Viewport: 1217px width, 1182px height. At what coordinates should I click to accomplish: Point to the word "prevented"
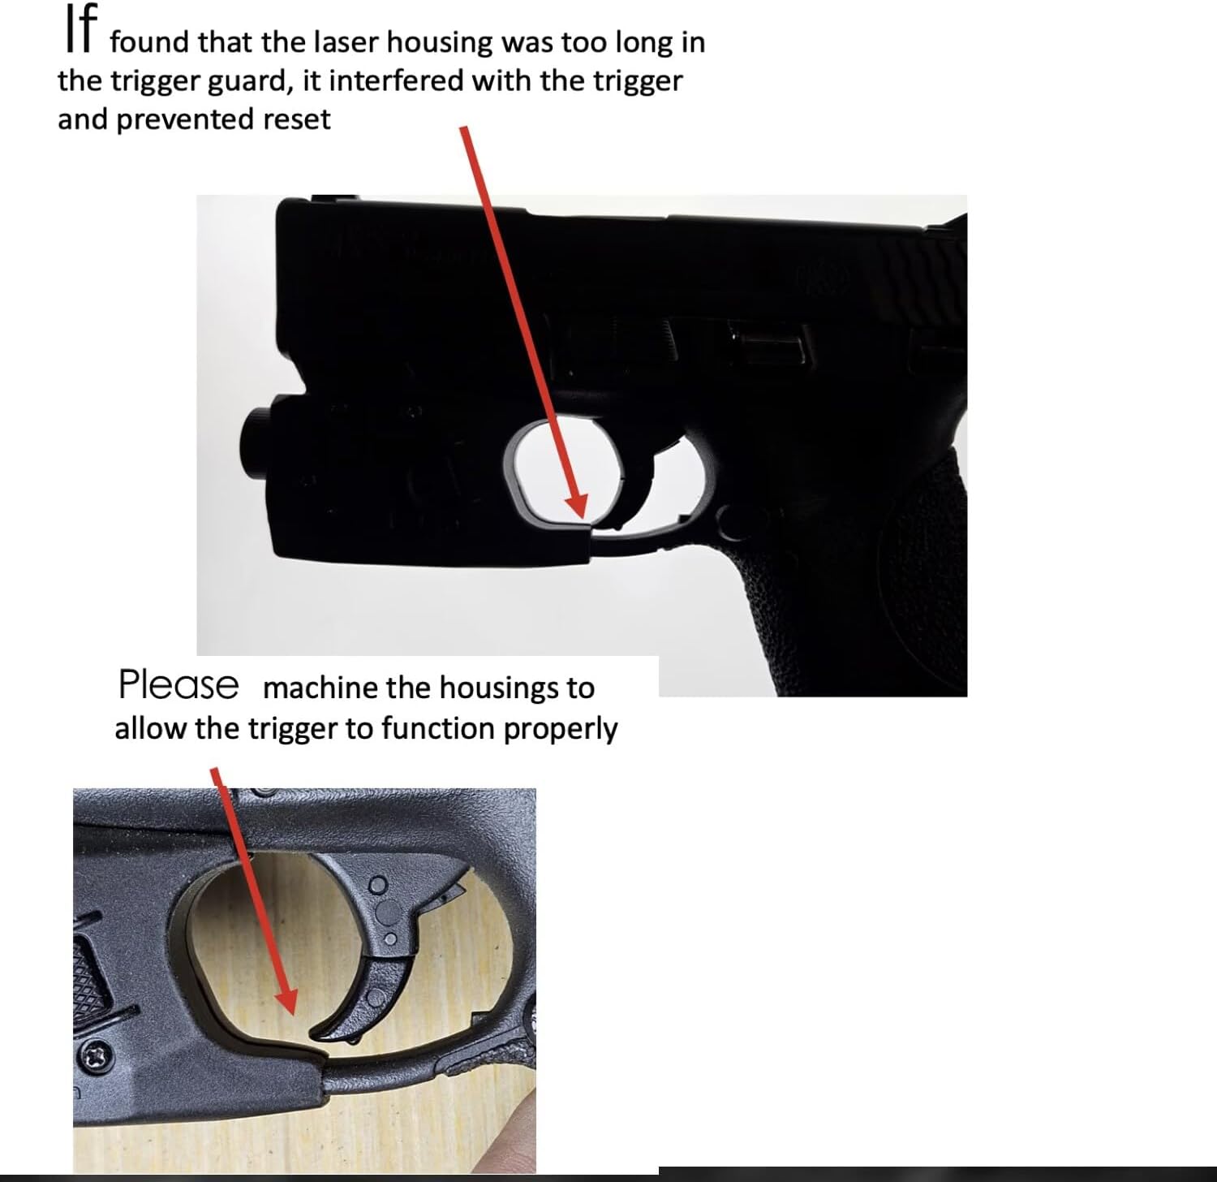pos(186,119)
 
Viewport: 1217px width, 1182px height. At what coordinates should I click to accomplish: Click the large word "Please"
pos(178,684)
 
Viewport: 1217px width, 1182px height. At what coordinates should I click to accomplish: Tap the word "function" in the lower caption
pos(437,728)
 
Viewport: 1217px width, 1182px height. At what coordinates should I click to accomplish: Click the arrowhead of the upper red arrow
pos(578,505)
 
